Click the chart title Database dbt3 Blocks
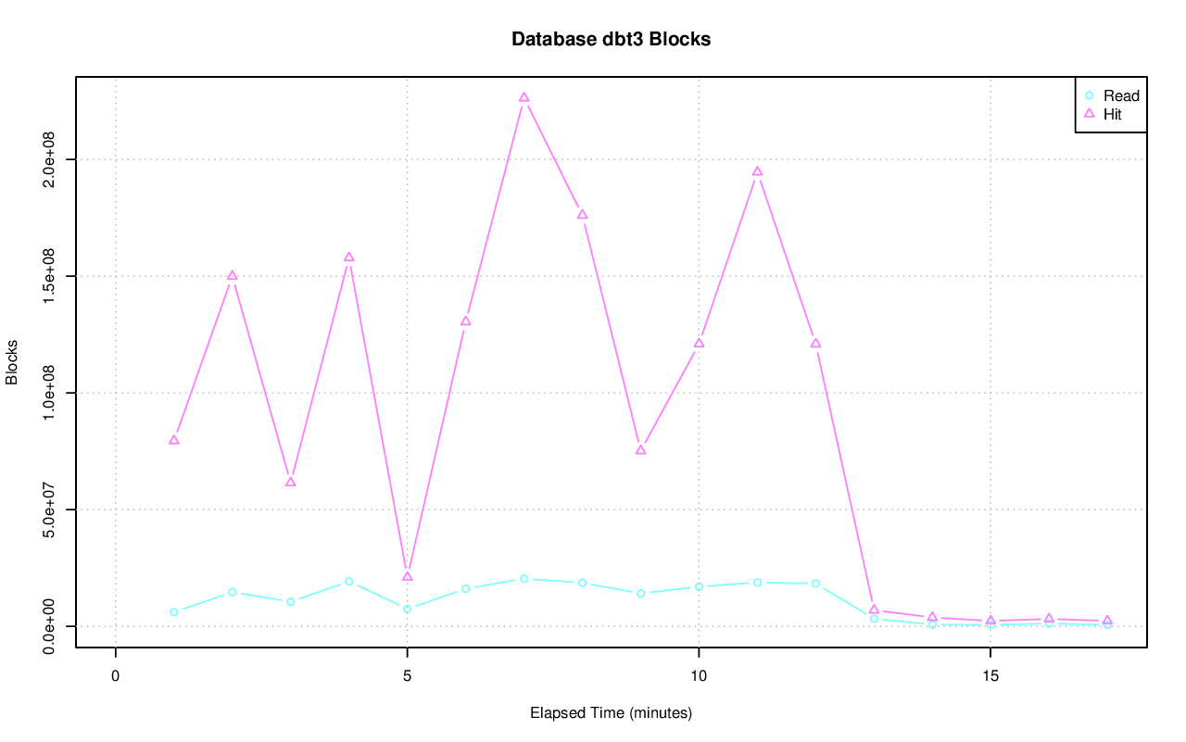tap(611, 39)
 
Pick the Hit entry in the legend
tap(1112, 115)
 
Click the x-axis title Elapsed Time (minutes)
tap(611, 713)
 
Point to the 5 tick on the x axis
tap(407, 676)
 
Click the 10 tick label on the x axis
tap(699, 676)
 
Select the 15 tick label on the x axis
tap(990, 676)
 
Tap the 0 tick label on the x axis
tap(116, 676)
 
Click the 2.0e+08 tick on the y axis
tap(50, 159)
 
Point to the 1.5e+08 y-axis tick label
tap(50, 276)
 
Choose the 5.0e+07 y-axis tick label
tap(50, 509)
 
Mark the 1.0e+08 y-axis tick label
tap(50, 393)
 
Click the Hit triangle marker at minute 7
tap(524, 97)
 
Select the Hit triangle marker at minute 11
tap(757, 171)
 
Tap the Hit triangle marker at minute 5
tap(407, 576)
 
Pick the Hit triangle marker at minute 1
tap(174, 440)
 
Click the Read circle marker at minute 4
tap(349, 581)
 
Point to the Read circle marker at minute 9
tap(640, 593)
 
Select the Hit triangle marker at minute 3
tap(291, 482)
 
